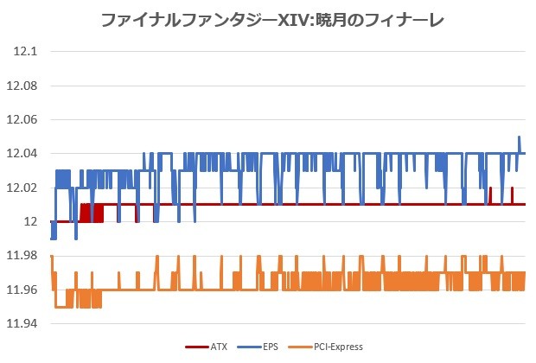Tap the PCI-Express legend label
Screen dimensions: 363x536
(x=338, y=347)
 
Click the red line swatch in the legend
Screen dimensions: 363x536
(x=196, y=347)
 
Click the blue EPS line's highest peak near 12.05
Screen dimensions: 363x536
(x=519, y=137)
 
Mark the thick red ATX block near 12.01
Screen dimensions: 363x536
(x=92, y=213)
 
